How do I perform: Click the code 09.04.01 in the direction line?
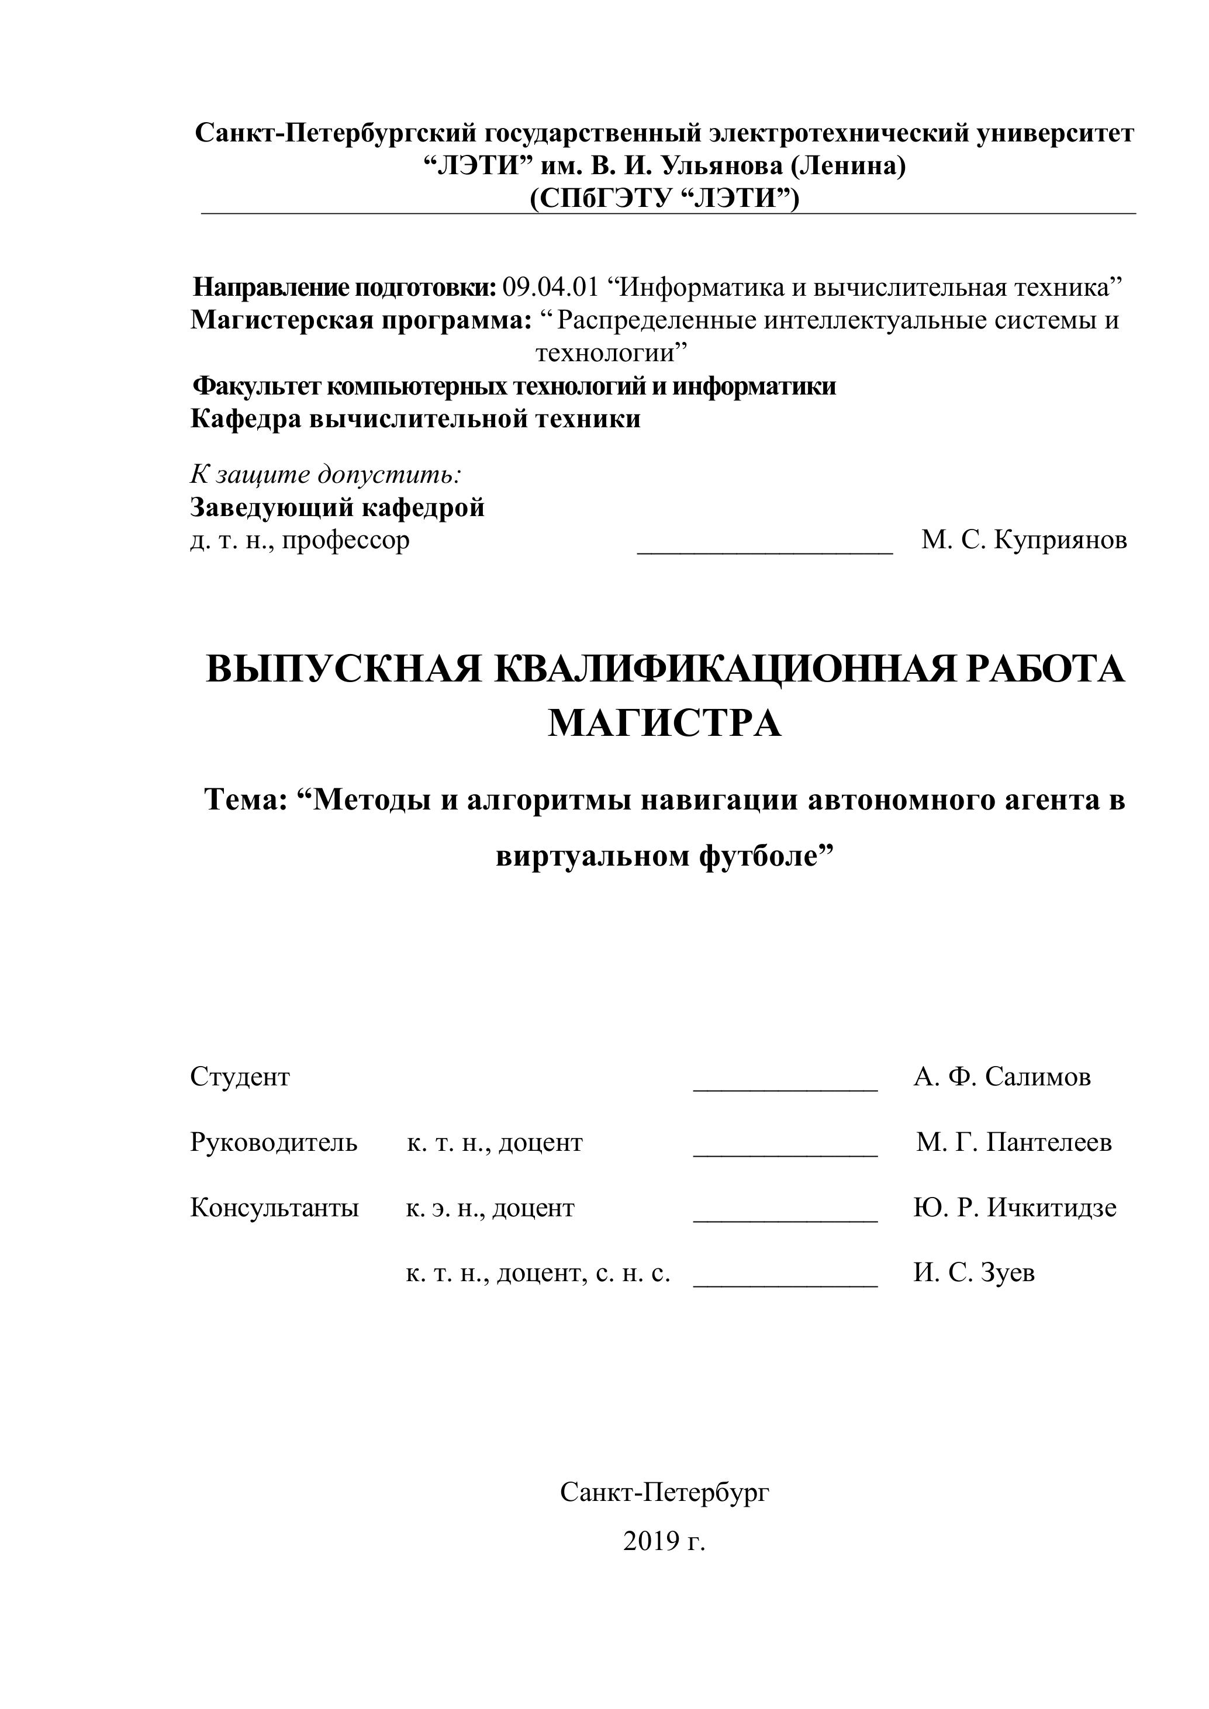(550, 286)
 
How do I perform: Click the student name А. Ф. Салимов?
(1002, 1077)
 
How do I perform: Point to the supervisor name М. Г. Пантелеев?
(1014, 1142)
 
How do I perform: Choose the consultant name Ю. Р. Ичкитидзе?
(1015, 1208)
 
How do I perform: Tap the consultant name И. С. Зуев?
(974, 1273)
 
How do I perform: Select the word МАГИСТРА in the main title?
(664, 723)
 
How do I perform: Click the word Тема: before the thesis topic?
(246, 800)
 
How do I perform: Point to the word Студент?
(240, 1077)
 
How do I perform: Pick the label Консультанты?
(274, 1208)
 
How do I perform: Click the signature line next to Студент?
(785, 1088)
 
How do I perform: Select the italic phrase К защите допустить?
(325, 473)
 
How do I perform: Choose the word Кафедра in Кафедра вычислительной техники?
(246, 418)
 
